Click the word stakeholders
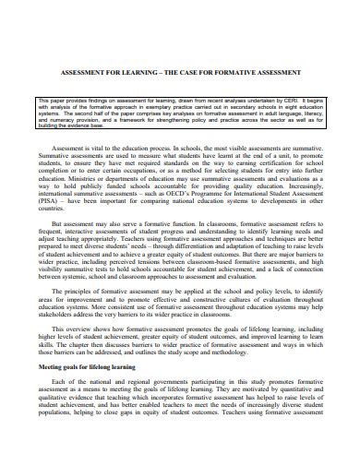pyautogui.click(x=59, y=325)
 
